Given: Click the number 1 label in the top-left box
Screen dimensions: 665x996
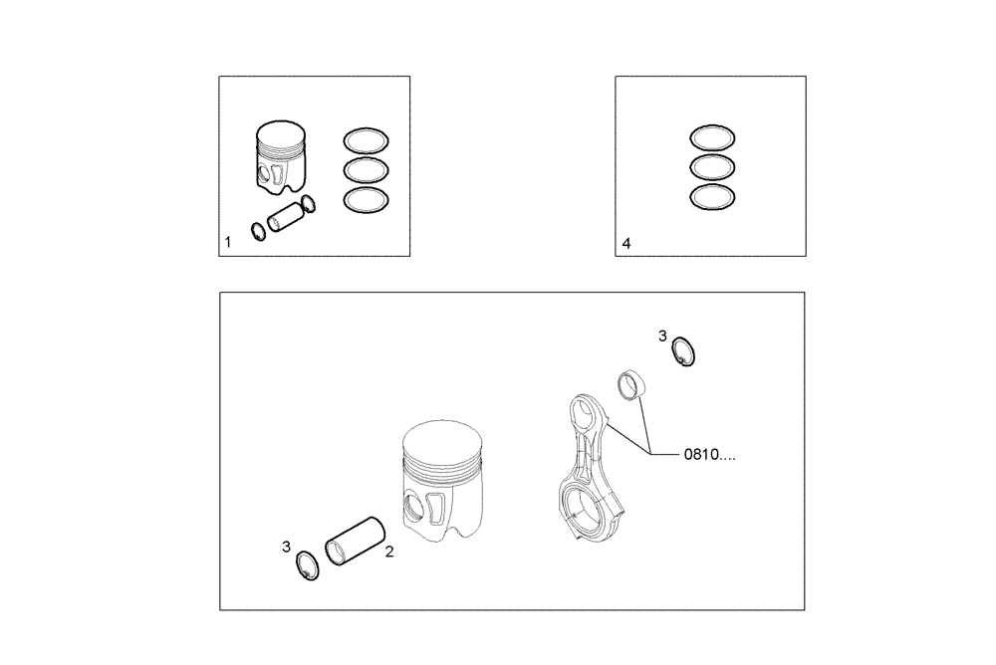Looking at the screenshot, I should coord(228,242).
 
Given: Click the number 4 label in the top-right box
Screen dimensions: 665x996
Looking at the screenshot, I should coord(625,242).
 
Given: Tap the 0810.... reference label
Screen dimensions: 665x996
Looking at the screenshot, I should coord(712,455).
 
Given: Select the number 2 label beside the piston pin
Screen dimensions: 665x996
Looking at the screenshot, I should coord(389,550).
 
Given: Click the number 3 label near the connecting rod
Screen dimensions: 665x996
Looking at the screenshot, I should coord(662,336).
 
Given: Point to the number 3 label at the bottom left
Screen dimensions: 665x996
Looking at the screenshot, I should coord(286,547).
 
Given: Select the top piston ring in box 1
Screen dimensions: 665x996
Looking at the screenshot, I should coord(367,139).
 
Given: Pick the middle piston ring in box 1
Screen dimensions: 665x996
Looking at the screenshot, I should coord(367,169).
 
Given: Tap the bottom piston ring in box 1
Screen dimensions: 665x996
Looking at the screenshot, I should coord(367,200).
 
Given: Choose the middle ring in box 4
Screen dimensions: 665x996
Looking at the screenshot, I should coord(713,166).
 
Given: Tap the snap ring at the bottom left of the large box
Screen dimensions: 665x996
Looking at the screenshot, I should coord(310,567).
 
